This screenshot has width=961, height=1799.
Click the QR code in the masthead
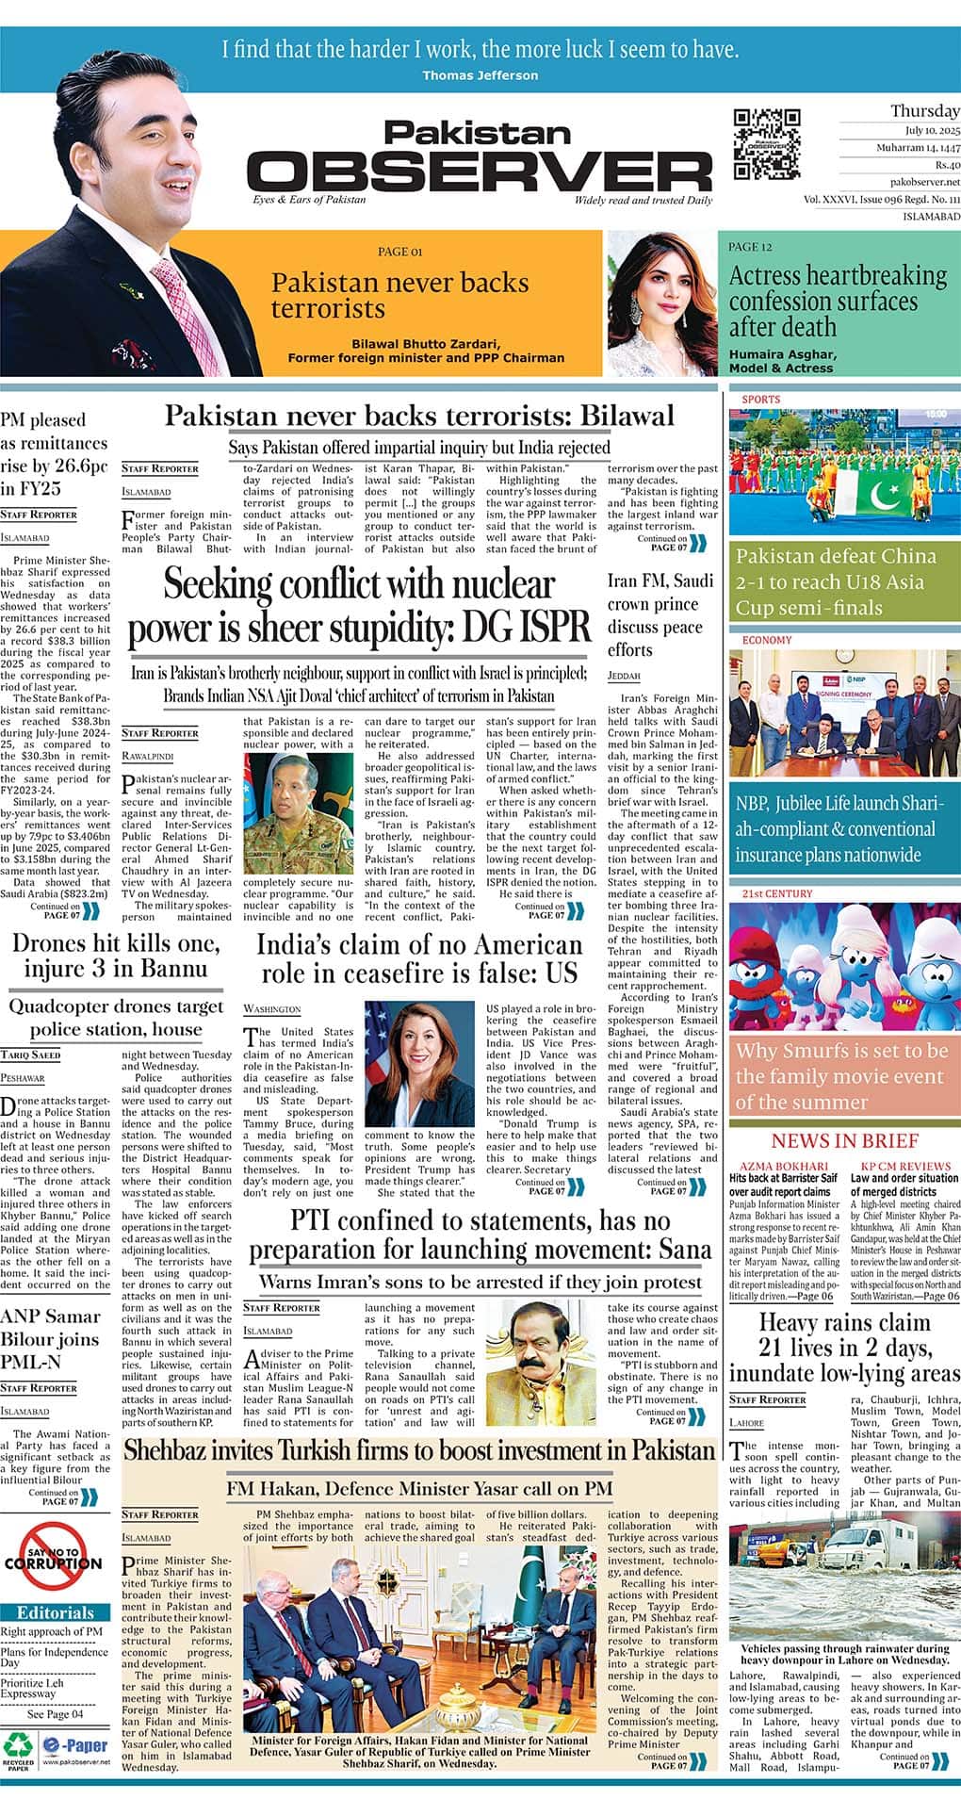(x=767, y=143)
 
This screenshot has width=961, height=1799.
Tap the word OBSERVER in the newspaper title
(x=480, y=172)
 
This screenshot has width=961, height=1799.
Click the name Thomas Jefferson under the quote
(x=480, y=75)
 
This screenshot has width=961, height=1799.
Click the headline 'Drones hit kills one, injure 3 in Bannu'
(x=116, y=956)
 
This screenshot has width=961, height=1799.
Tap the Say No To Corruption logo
(x=54, y=1560)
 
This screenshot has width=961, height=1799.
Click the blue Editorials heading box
(x=56, y=1612)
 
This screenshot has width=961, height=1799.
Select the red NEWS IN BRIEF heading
(x=844, y=1141)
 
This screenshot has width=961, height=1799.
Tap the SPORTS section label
(x=761, y=400)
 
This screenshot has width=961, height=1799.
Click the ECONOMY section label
(x=767, y=641)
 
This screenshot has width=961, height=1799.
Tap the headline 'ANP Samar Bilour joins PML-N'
(x=50, y=1338)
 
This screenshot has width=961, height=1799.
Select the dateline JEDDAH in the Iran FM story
(x=624, y=676)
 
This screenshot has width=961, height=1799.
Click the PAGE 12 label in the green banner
(x=750, y=247)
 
